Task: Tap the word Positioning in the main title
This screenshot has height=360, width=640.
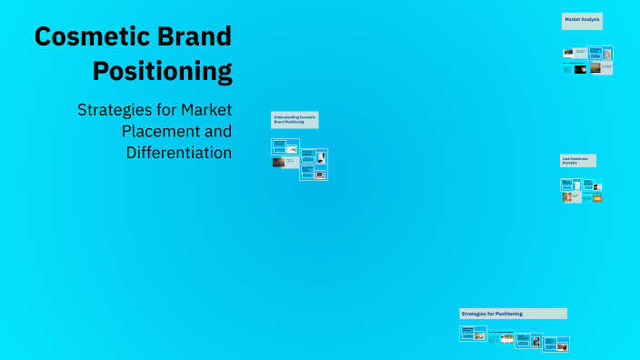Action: coord(163,70)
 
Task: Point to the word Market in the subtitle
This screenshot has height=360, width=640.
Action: coord(206,110)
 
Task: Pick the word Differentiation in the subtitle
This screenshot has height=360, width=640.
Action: coord(179,152)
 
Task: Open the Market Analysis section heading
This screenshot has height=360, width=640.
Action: coord(582,20)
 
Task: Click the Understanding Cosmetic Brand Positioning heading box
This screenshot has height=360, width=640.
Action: coord(295,119)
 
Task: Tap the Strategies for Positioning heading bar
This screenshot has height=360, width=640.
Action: coord(513,314)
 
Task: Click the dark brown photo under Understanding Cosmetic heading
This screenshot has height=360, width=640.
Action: coord(278,162)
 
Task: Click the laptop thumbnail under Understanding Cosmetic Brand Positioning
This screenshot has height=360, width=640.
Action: coord(320,173)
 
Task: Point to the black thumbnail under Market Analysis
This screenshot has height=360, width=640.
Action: coord(568,53)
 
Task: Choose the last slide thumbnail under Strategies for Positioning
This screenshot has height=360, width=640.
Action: coord(563,345)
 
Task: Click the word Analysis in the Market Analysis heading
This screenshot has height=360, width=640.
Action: coord(591,18)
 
